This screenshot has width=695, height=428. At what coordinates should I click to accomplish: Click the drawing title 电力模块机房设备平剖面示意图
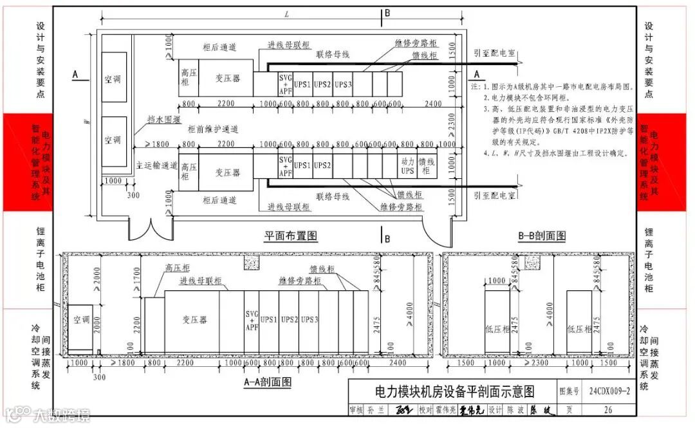pyautogui.click(x=454, y=391)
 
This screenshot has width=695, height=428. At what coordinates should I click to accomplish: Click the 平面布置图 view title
pyautogui.click(x=292, y=236)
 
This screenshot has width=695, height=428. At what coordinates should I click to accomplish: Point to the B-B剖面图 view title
pyautogui.click(x=542, y=236)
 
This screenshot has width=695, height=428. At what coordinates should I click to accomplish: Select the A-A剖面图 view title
pyautogui.click(x=267, y=382)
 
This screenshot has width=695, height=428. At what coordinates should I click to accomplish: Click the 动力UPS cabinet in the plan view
pyautogui.click(x=407, y=166)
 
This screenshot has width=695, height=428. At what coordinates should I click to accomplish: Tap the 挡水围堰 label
pyautogui.click(x=163, y=120)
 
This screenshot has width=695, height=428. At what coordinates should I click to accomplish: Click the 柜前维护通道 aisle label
pyautogui.click(x=213, y=129)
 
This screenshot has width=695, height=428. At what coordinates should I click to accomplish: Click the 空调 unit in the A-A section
pyautogui.click(x=82, y=320)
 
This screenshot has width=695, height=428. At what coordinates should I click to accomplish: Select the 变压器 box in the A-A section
pyautogui.click(x=191, y=320)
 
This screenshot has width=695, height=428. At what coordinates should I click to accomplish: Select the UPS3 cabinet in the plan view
pyautogui.click(x=343, y=84)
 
